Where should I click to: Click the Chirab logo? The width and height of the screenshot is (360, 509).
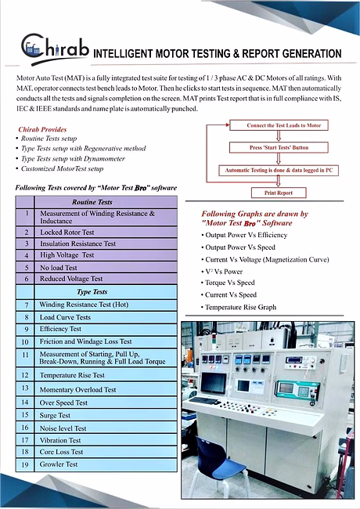[x=55, y=49]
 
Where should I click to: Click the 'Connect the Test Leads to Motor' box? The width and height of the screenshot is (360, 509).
[x=279, y=125]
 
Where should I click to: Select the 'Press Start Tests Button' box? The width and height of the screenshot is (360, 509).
[x=279, y=147]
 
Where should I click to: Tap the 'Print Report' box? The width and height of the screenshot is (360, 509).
[x=279, y=193]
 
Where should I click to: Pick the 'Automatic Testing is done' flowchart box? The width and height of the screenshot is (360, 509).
[x=279, y=170]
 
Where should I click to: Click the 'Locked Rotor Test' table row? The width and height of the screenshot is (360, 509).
[x=96, y=233]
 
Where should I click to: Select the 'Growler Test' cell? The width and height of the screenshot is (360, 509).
[x=106, y=464]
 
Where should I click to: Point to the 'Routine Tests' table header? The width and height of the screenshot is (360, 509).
[x=92, y=202]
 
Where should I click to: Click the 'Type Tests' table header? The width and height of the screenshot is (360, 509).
[x=92, y=292]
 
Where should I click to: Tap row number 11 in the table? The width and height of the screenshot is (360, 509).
[x=25, y=355]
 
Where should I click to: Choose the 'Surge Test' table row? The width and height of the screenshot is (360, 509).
[x=96, y=415]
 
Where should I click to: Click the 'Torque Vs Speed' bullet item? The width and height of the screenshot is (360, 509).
[x=228, y=283]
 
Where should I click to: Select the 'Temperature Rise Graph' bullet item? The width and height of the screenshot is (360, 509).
[x=239, y=307]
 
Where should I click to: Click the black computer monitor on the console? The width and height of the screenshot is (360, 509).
[x=214, y=383]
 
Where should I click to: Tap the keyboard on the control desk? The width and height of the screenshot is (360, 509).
[x=204, y=400]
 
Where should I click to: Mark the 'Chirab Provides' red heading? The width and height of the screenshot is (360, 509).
[x=42, y=129]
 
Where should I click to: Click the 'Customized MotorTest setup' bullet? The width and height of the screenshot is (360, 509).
[x=62, y=169]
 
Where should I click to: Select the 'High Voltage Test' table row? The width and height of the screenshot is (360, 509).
[x=96, y=255]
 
